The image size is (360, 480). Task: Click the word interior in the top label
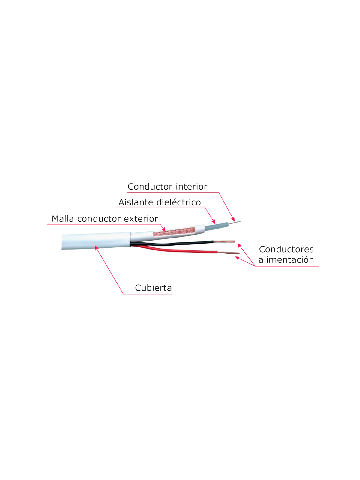coord(192,187)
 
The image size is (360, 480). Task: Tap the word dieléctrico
coord(181,202)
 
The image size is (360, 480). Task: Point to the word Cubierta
coord(153,288)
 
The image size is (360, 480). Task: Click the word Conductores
coord(286,249)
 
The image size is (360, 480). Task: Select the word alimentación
coord(286,260)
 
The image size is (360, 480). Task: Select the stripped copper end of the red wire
coord(229,253)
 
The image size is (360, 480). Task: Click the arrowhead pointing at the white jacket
coord(96,247)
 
